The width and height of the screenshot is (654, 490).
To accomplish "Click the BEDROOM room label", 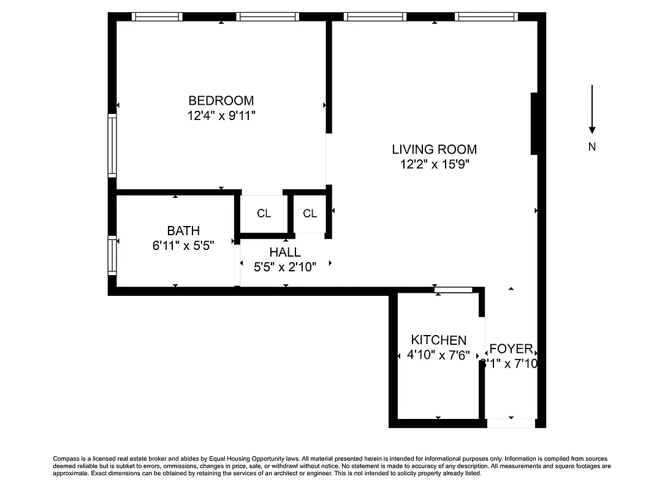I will [x=221, y=100].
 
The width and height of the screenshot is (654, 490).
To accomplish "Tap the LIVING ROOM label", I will [x=434, y=149].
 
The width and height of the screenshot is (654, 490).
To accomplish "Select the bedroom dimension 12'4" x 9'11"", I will [x=221, y=115].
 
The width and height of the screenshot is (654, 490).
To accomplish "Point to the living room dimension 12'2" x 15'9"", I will [x=434, y=164].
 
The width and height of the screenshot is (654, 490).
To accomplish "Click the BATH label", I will [x=183, y=231].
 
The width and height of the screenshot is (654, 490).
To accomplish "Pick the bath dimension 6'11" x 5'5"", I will [x=183, y=246].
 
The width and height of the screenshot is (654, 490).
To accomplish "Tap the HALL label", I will [x=285, y=252].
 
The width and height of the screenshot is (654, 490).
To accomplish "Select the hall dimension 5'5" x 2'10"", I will [x=285, y=267].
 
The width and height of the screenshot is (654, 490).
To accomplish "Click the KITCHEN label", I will [x=438, y=340].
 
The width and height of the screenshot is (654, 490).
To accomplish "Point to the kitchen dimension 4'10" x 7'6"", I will [x=438, y=355].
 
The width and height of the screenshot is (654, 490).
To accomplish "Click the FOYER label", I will [x=511, y=349].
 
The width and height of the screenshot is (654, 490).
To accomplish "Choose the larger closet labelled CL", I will [x=264, y=213].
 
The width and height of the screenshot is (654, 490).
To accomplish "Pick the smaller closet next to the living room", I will [x=310, y=213].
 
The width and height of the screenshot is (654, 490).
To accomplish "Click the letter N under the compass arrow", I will [x=592, y=147].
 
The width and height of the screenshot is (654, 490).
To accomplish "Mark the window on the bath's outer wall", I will [x=112, y=254].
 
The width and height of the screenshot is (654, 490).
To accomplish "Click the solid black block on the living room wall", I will [x=534, y=123].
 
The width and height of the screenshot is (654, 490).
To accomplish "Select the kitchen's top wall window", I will [x=453, y=290].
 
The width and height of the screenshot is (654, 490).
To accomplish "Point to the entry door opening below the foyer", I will [x=511, y=423].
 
